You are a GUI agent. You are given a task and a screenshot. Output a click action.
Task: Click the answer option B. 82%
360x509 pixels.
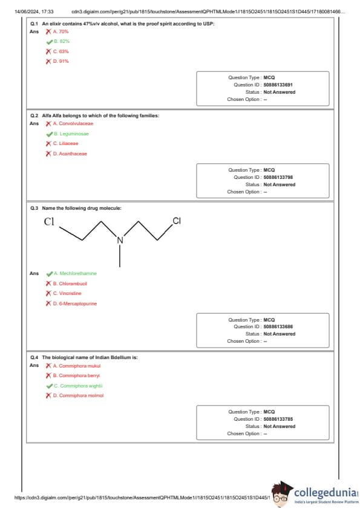[62, 41]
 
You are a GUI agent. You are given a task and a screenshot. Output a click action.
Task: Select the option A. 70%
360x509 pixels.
[61, 31]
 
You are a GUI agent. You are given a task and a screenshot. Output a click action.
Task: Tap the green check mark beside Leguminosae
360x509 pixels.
[50, 134]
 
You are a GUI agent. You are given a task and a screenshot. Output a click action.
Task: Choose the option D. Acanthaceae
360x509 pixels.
[70, 154]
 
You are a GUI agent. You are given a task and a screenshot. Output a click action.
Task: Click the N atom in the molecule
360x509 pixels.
[120, 240]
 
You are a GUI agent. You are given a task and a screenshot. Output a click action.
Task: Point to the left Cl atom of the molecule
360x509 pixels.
[49, 222]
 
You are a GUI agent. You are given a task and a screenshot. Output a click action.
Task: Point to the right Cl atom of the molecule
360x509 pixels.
[177, 221]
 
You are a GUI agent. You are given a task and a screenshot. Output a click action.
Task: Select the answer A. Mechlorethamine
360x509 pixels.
[75, 273]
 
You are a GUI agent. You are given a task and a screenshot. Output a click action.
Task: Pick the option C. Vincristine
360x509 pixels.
[67, 293]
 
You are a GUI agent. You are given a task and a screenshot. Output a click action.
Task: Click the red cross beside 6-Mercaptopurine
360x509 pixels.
[49, 303]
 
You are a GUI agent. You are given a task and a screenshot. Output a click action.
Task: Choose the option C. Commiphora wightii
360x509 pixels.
[78, 386]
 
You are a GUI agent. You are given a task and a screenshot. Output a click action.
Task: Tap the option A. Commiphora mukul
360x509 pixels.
[77, 366]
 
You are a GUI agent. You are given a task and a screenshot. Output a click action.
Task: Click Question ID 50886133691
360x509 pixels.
[278, 85]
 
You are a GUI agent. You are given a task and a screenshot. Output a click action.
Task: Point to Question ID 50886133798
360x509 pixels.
[278, 177]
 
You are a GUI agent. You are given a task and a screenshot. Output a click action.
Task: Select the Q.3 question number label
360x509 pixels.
[34, 208]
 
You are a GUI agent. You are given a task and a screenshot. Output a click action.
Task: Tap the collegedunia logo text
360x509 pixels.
[326, 493]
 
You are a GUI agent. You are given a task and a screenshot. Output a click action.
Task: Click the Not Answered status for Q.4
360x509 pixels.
[280, 426]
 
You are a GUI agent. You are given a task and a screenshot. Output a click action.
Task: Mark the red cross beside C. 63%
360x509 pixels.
[49, 51]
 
